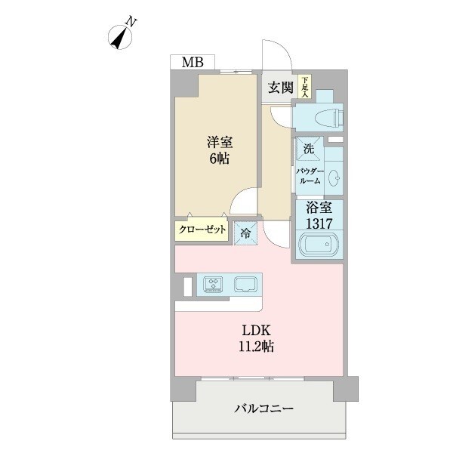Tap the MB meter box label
point(192,63)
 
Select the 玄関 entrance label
point(280,88)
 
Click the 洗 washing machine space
point(308,149)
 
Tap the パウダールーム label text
point(309,176)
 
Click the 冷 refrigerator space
point(247,234)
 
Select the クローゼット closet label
point(202,230)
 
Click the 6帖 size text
point(220,159)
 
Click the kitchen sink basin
point(246,285)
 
